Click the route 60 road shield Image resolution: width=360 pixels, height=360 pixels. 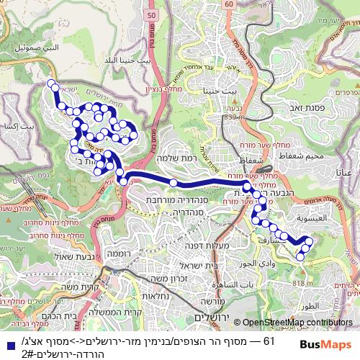click(x=228, y=4)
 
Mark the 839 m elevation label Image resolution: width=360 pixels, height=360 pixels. click(x=234, y=117)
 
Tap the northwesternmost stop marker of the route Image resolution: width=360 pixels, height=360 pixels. click(x=52, y=85)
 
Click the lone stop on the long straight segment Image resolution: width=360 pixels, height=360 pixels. click(x=174, y=183)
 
